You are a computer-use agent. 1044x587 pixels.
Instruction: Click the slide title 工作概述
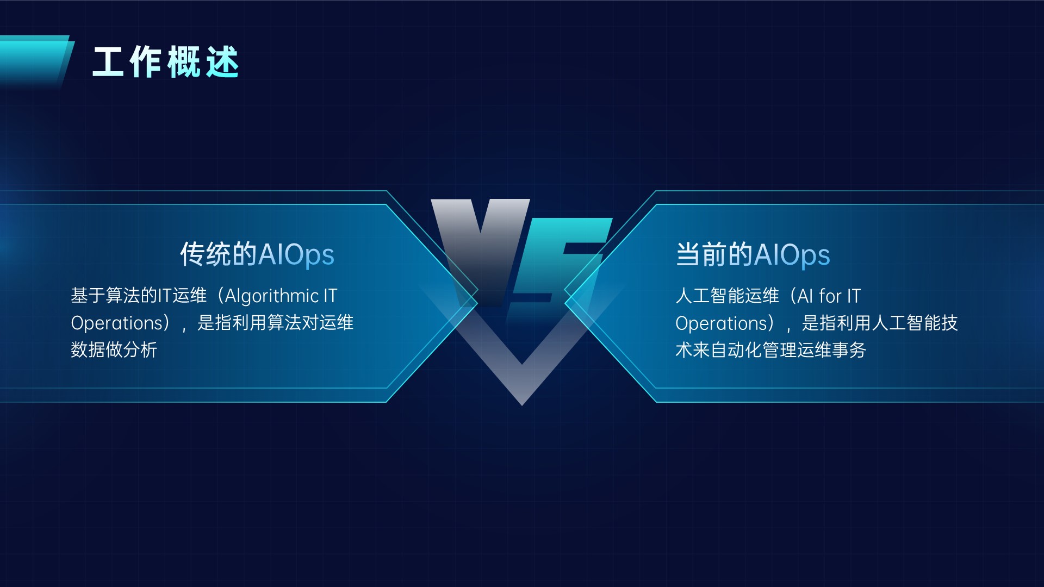[166, 62]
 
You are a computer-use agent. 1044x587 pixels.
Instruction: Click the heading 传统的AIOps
[257, 254]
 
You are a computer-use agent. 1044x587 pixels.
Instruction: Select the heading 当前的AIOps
[753, 254]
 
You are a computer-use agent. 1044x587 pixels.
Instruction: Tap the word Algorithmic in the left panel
[272, 296]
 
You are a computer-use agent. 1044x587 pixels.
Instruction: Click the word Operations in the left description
[117, 323]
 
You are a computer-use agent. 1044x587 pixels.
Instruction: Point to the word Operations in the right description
[722, 323]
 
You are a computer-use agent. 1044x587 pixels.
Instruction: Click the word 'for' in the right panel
[830, 296]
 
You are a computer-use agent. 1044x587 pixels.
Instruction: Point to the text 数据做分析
[114, 349]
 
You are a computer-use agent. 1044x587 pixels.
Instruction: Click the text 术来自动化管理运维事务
[770, 350]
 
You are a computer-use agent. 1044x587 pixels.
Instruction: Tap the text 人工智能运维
[727, 296]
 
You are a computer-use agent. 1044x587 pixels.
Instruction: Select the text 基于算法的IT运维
[139, 296]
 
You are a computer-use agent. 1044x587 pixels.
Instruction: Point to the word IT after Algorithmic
[331, 296]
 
